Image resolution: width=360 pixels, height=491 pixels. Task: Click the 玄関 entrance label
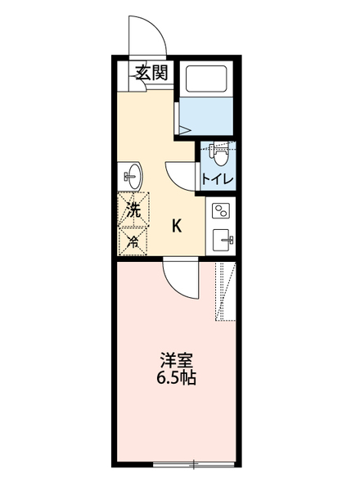coord(152,72)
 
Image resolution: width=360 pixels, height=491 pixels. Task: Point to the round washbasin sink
coord(133,174)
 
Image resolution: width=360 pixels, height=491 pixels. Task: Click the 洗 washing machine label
coord(133,209)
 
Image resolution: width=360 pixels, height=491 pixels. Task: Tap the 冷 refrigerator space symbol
coord(133,240)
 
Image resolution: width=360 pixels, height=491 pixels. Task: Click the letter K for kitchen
coord(177,227)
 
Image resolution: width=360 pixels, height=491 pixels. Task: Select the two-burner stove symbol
coord(221,212)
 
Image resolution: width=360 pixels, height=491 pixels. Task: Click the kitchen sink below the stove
coord(221,240)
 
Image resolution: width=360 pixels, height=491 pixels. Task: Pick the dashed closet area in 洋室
coord(224,291)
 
